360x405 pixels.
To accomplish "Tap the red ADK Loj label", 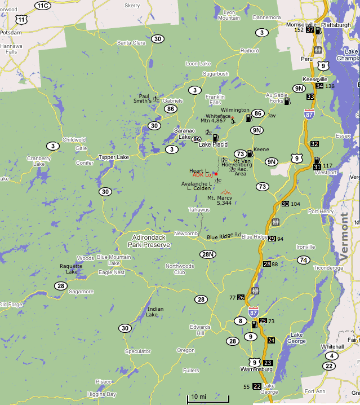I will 203,175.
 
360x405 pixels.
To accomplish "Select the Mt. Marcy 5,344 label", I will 220,200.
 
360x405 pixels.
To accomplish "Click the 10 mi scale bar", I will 198,399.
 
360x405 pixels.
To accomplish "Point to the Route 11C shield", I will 43,6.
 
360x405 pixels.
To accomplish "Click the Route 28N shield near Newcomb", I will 208,254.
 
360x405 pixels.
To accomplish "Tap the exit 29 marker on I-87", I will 272,239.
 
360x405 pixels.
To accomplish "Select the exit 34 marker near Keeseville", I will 319,86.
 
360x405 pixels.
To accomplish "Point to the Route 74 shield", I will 304,259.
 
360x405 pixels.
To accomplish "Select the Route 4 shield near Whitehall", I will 332,355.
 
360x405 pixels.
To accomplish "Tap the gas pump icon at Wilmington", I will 248,118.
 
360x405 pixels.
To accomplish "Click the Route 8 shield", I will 241,321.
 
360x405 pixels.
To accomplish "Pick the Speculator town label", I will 138,351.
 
